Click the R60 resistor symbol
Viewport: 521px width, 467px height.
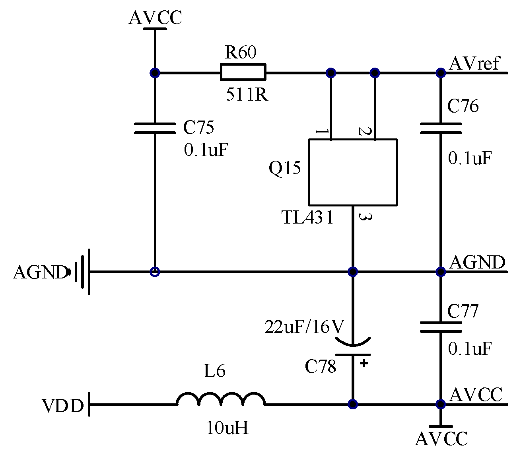coord(243,72)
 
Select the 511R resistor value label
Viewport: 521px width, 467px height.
coord(247,95)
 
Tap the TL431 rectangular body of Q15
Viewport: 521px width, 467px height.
coord(353,172)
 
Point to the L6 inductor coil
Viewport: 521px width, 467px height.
coord(221,399)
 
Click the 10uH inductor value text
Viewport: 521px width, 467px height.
coord(227,428)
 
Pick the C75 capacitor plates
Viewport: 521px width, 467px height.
coord(155,128)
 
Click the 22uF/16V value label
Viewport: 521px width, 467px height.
coord(304,327)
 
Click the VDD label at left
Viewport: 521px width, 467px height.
coord(63,406)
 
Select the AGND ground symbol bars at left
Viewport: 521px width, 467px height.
coord(83,272)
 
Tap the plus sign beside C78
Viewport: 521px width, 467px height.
coord(364,363)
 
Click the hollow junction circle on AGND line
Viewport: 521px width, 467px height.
coord(155,272)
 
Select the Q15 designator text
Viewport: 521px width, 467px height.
coord(285,169)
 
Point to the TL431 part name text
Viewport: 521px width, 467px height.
coord(307,218)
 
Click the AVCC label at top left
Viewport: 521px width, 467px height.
coord(155,18)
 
